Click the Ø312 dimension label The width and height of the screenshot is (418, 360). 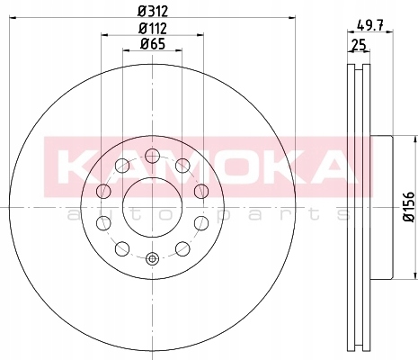pyautogui.click(x=153, y=12)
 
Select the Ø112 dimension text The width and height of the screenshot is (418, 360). pyautogui.click(x=153, y=29)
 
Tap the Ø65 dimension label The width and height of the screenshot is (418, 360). pyautogui.click(x=153, y=44)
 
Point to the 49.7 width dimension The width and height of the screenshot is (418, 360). pyautogui.click(x=369, y=25)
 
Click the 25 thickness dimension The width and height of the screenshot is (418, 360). pyautogui.click(x=359, y=45)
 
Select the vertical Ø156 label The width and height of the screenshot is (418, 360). pyautogui.click(x=409, y=207)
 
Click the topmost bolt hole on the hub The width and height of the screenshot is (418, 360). pyautogui.click(x=152, y=156)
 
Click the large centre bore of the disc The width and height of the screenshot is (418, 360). pyautogui.click(x=152, y=207)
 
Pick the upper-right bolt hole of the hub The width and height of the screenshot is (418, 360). pyautogui.click(x=182, y=166)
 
